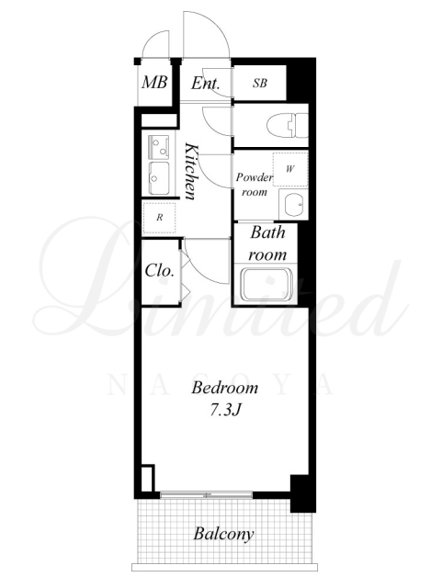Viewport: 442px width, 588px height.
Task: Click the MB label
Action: (x=154, y=82)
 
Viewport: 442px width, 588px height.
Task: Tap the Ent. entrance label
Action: (x=205, y=83)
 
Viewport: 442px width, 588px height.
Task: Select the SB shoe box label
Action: (x=260, y=83)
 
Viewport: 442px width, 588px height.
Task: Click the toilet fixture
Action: (x=287, y=125)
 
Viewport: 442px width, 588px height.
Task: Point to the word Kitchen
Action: (x=191, y=171)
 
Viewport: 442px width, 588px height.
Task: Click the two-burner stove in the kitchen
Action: (x=159, y=145)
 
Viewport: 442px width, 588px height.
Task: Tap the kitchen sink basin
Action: (x=159, y=177)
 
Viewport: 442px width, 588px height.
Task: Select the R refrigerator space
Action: (x=160, y=217)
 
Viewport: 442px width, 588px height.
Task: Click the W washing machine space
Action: (x=290, y=169)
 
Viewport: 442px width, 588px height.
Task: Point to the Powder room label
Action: (x=254, y=184)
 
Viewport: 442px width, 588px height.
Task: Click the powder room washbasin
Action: (x=293, y=205)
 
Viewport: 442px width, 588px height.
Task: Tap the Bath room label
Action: (x=267, y=243)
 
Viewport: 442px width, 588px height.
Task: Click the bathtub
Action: (x=266, y=284)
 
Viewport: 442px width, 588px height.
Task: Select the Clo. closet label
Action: (x=160, y=270)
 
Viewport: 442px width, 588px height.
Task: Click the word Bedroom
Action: (x=225, y=388)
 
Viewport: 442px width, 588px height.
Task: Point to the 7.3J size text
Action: (x=224, y=411)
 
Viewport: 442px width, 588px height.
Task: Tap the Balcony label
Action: (x=223, y=533)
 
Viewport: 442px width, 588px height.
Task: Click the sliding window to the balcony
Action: (x=207, y=494)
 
